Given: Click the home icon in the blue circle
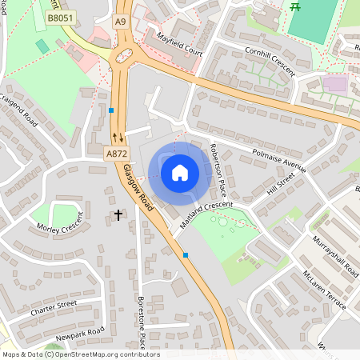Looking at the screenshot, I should coord(180,172).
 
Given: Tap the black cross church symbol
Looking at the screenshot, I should coord(119,215).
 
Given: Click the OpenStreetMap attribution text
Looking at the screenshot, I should coord(80,354).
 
